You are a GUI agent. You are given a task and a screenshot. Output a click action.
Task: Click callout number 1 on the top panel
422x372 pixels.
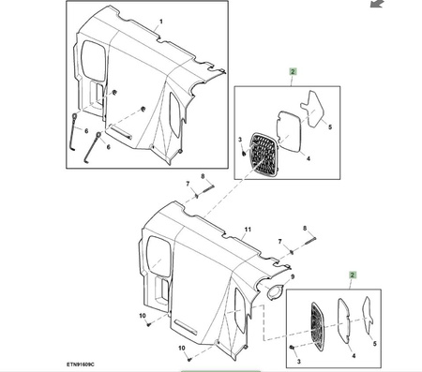[x=161, y=22]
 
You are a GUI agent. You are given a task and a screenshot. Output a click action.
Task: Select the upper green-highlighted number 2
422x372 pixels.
[x=293, y=71]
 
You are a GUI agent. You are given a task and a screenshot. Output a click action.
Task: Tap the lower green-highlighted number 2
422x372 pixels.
[x=353, y=275]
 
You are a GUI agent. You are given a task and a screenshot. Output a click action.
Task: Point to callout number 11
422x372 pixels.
[x=248, y=230]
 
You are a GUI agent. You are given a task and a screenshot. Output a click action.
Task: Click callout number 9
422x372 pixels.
[x=293, y=276]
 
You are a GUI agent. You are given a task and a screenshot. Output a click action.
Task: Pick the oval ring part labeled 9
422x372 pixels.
[x=276, y=291]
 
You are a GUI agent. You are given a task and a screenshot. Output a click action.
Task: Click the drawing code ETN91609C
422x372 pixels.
[x=80, y=365]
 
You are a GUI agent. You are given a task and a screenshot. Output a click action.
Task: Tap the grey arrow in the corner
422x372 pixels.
[x=377, y=4]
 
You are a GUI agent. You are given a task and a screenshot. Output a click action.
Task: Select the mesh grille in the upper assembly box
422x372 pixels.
[x=264, y=156]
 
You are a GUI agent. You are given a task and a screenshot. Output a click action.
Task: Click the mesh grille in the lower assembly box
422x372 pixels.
[x=318, y=326]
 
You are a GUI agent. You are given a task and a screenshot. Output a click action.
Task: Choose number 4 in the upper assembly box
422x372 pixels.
[x=309, y=158]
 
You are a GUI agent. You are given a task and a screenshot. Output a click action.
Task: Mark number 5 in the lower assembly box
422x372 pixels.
[x=375, y=344]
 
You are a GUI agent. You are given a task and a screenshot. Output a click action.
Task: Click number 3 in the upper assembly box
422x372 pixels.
[x=240, y=140]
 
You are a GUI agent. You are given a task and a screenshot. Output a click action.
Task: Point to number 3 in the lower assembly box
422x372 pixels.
[x=299, y=362]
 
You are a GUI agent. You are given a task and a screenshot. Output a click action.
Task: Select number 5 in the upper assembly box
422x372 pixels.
[x=330, y=127]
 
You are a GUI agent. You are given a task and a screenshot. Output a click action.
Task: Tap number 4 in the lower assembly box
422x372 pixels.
[x=354, y=356]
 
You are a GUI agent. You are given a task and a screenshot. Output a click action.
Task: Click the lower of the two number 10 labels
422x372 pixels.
[x=182, y=348]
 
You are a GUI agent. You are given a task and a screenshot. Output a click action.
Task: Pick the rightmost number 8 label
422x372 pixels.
[x=305, y=229]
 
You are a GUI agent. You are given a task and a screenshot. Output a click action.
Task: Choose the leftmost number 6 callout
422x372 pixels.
[x=86, y=131]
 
